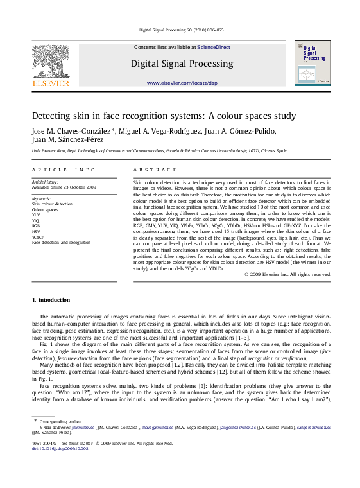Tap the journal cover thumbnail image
[x=313, y=63]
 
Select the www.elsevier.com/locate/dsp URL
[x=182, y=83]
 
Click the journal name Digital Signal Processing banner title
[x=182, y=64]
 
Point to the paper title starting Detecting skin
[x=155, y=116]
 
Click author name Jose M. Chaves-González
[x=72, y=131]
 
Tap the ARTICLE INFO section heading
[x=64, y=170]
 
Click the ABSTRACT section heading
[x=154, y=170]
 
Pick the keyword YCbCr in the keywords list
[x=38, y=237]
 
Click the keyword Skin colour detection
[x=52, y=204]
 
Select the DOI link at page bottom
[x=60, y=448]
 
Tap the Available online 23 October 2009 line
[x=64, y=187]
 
